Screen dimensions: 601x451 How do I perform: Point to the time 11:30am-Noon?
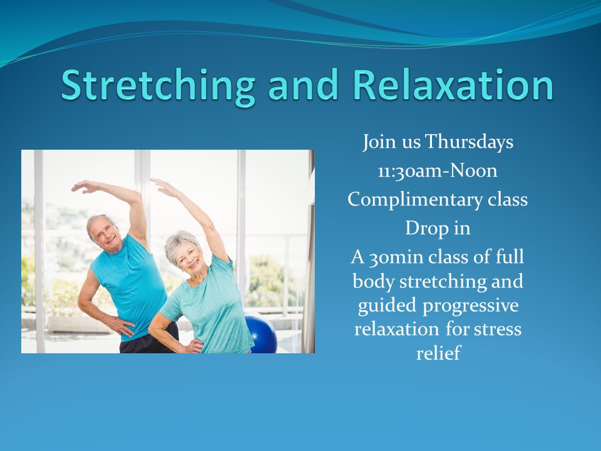click(438, 170)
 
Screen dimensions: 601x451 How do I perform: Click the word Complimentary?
click(415, 200)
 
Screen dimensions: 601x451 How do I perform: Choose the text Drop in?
click(438, 228)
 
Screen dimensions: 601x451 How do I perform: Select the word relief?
click(438, 353)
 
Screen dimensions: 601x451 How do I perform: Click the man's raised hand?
click(85, 187)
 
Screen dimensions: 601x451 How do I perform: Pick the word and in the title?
click(303, 85)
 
